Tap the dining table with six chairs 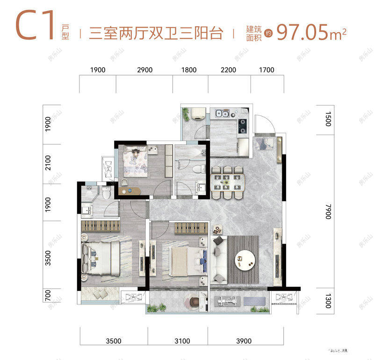[x=228, y=181]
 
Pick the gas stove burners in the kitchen [x=243, y=124]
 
